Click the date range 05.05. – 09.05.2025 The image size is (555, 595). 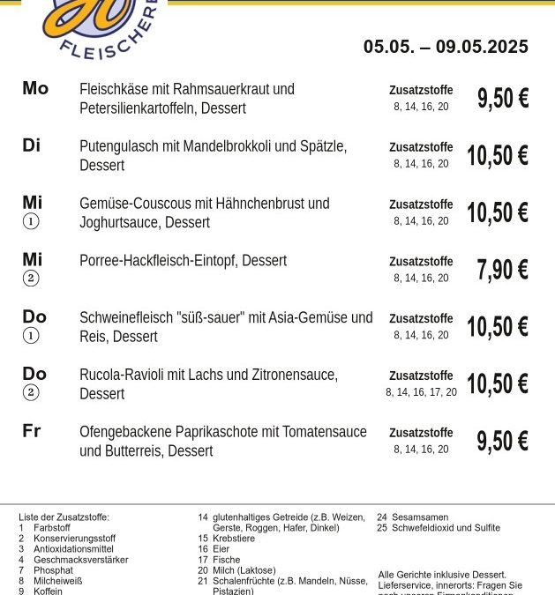click(446, 47)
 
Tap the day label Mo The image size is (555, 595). click(35, 88)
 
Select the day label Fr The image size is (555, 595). click(32, 431)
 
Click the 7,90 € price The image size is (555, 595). click(502, 270)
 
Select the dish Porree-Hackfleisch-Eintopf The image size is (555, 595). click(158, 261)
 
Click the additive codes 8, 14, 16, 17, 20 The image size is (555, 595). click(421, 392)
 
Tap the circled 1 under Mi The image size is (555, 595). click(31, 222)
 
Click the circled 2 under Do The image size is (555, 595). click(31, 393)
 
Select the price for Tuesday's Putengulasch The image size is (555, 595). click(497, 156)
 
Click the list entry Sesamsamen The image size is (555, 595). click(419, 517)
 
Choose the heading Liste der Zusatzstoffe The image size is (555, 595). click(64, 517)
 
